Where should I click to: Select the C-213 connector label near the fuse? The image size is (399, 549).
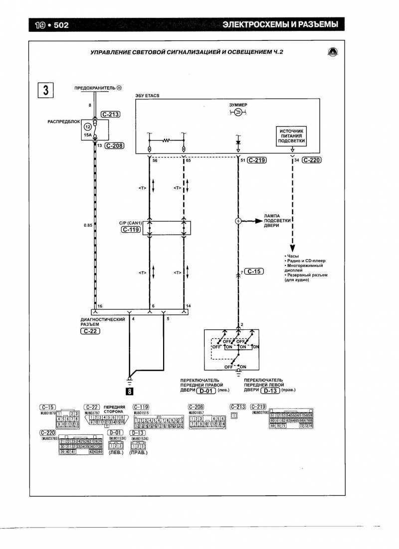(x=111, y=114)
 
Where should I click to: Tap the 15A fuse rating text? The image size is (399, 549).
(x=88, y=135)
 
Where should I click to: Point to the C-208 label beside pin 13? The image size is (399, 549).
(x=114, y=146)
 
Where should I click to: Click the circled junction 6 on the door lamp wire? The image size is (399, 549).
(x=238, y=220)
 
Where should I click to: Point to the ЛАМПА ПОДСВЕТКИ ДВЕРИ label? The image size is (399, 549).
(x=274, y=220)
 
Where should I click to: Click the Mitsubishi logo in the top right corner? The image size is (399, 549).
(x=332, y=52)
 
